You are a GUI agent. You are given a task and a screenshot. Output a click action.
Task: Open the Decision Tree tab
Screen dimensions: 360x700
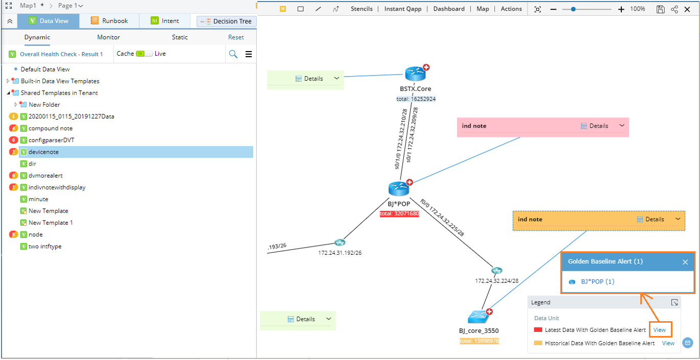coord(227,21)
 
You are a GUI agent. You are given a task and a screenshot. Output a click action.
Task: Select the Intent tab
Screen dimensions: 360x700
coord(165,21)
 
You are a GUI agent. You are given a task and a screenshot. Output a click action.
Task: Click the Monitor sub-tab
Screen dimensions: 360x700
coord(108,37)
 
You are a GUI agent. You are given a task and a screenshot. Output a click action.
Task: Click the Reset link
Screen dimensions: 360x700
coord(235,37)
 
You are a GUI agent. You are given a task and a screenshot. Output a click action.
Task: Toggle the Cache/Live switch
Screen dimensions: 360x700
coord(144,54)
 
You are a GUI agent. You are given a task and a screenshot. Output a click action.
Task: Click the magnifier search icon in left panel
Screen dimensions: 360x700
coord(233,54)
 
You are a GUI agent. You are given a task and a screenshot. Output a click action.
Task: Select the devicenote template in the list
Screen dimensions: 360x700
coord(43,152)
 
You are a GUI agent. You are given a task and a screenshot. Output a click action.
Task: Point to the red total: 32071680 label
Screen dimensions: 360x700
coord(399,214)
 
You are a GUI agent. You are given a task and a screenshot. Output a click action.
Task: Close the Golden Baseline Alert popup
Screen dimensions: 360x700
coord(685,262)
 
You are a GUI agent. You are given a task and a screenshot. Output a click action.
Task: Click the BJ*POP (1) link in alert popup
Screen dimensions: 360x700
coord(597,282)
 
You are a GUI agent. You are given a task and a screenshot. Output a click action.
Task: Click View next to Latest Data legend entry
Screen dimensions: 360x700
coord(660,330)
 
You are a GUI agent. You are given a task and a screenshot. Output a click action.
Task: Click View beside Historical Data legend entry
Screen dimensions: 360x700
coord(668,344)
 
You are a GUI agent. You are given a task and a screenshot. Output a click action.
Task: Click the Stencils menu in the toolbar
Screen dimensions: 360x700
coord(361,9)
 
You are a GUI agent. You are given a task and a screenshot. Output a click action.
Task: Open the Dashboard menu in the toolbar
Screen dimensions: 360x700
coord(449,9)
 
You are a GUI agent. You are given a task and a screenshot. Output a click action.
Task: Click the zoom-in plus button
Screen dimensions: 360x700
coord(621,9)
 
